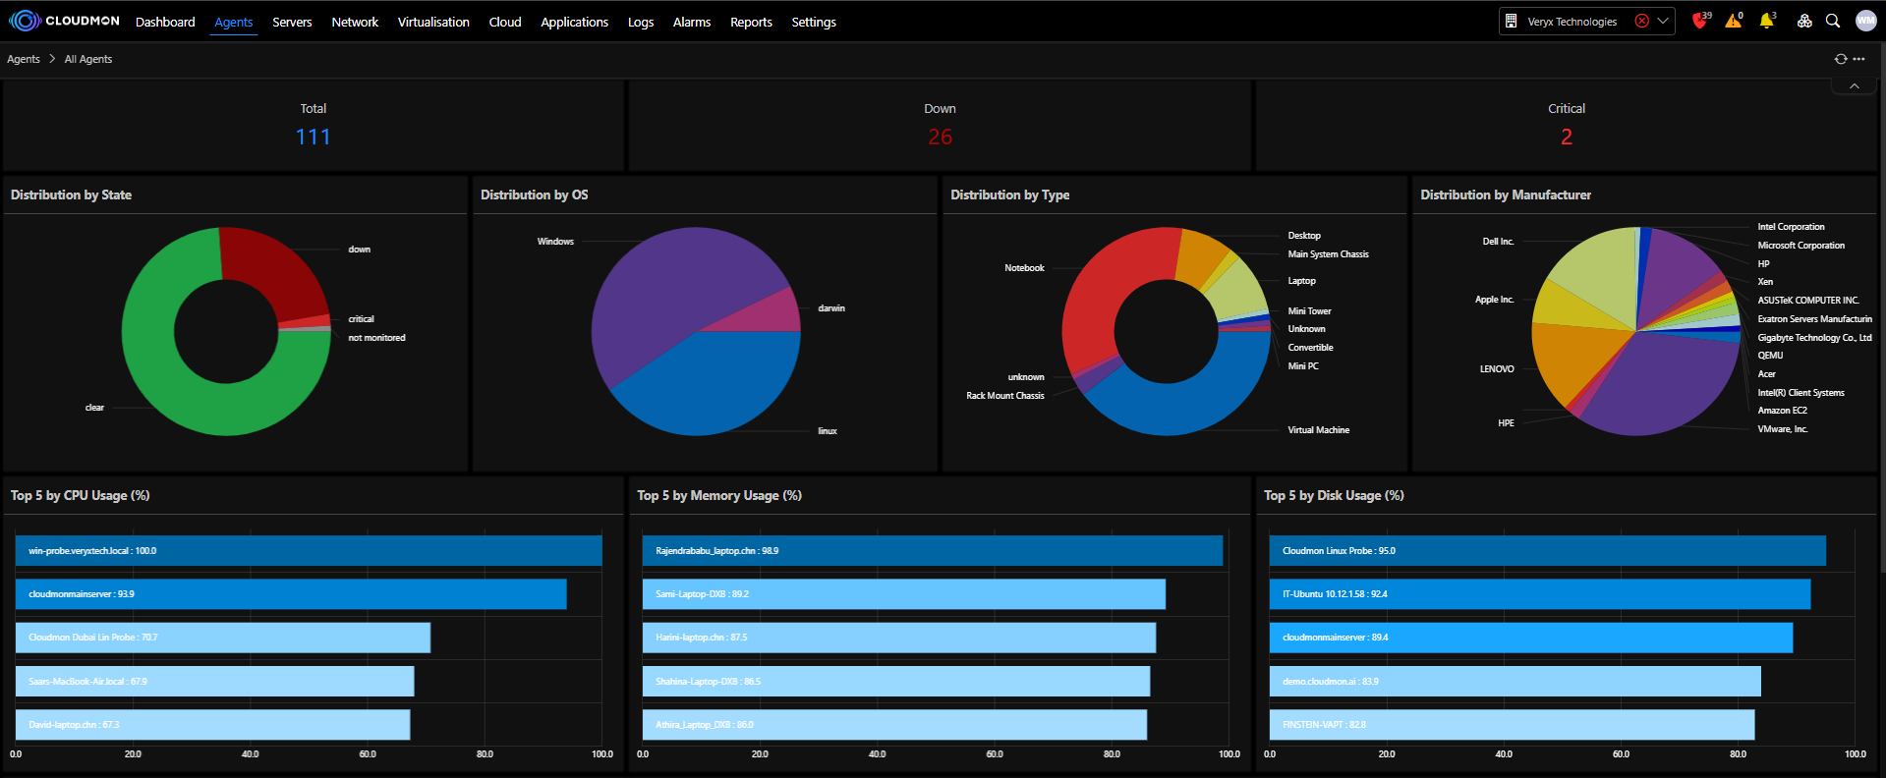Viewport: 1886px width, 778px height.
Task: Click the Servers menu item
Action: pos(292,22)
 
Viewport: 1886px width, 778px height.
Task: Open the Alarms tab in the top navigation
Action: pos(691,22)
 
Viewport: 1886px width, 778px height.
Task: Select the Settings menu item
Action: pos(814,22)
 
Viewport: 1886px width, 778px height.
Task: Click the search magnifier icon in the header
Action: pos(1833,21)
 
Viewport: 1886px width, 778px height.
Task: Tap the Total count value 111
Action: pos(313,137)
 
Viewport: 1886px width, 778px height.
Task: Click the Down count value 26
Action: pos(940,137)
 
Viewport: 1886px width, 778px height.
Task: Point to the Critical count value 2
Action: pos(1566,137)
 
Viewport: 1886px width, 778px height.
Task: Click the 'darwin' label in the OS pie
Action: pos(831,308)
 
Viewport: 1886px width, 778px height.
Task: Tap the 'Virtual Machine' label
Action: pos(1318,430)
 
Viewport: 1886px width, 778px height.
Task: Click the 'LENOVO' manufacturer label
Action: pos(1497,369)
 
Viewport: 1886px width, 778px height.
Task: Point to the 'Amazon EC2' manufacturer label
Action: pos(1782,411)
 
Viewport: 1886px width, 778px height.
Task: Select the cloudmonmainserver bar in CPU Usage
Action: pos(291,594)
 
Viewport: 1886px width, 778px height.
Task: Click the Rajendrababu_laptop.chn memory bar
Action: pos(932,551)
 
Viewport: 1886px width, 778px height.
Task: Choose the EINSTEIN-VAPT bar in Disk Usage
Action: pos(1512,725)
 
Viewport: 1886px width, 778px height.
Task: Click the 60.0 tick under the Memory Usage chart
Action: pos(995,754)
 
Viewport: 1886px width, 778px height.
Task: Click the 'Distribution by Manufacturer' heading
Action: pos(1505,194)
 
